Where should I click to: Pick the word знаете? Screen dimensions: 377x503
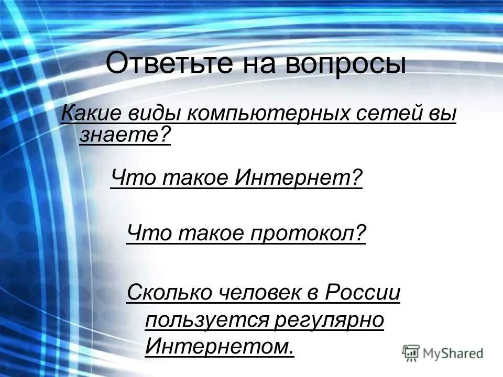[x=125, y=136]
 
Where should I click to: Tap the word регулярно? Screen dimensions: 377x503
[x=329, y=320]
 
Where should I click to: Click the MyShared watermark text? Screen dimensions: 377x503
[x=453, y=353]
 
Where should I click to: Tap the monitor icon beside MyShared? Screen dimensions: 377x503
[x=411, y=353]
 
